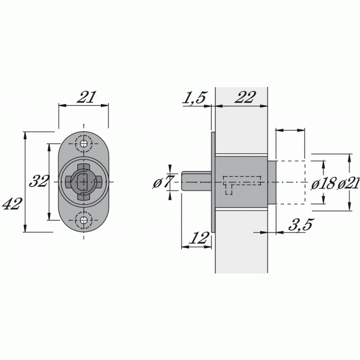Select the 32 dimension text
pos(38,181)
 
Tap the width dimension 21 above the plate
pos(85,97)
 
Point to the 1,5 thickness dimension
pos(194,98)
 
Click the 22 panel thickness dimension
pos(244,97)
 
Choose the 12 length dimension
pos(198,238)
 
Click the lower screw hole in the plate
pos(84,220)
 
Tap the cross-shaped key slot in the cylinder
pos(83,182)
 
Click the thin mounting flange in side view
pos(213,182)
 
